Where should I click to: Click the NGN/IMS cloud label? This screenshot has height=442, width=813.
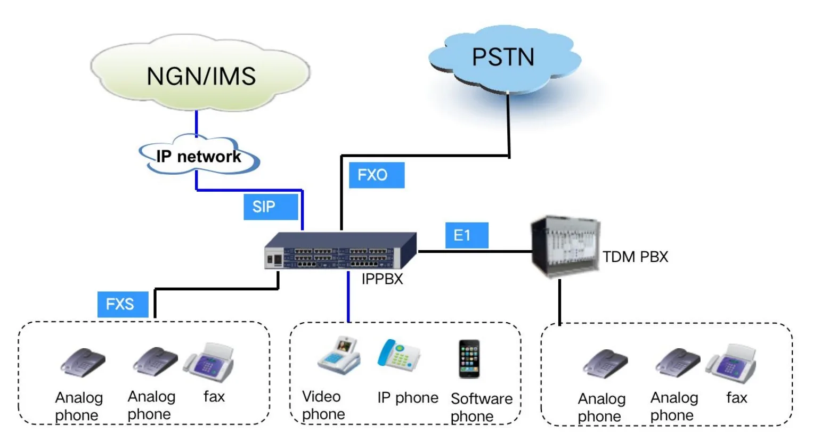201,76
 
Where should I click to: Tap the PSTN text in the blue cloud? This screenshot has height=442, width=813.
503,57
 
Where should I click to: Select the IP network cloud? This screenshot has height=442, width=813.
199,157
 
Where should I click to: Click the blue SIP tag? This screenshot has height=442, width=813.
271,207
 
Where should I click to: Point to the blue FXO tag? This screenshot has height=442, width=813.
376,175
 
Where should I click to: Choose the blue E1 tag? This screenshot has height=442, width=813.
466,235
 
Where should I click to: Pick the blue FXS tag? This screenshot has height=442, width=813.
123,304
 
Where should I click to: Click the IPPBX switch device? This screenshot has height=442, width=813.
340,251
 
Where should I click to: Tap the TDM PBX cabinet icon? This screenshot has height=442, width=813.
565,247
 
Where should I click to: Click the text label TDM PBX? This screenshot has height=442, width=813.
635,257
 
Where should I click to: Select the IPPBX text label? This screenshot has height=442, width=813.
382,279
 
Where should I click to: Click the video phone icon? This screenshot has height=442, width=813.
339,356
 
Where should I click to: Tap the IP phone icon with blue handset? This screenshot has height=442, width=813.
399,356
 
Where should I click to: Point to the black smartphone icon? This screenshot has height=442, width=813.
469,359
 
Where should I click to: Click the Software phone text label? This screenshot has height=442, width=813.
481,407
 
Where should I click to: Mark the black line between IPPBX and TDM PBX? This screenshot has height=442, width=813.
474,251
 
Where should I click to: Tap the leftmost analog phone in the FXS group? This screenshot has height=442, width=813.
82,363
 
